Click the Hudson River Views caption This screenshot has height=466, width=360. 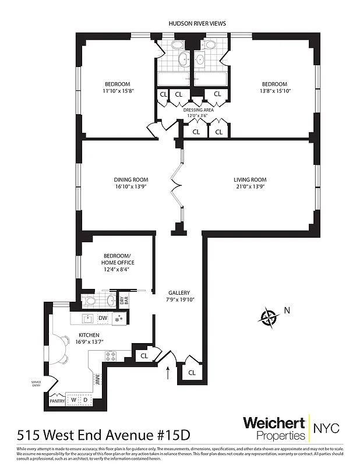click(197, 23)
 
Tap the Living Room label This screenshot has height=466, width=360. click(250, 179)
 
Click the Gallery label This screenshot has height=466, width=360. click(179, 292)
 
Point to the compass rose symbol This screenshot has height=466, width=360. click(269, 317)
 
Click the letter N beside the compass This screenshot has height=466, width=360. click(285, 310)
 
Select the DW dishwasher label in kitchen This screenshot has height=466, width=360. click(103, 317)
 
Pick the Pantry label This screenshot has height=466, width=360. click(57, 401)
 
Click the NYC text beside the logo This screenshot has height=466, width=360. click(327, 428)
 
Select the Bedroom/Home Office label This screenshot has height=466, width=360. click(117, 258)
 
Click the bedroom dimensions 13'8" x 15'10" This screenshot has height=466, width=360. click(274, 91)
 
